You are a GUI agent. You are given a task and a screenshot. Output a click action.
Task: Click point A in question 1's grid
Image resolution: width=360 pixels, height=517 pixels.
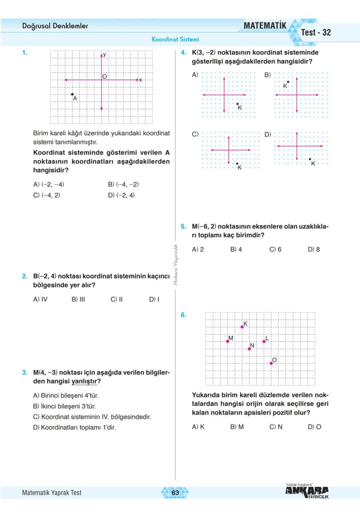72,94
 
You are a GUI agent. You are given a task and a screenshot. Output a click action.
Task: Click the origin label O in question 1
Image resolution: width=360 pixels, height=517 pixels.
104,77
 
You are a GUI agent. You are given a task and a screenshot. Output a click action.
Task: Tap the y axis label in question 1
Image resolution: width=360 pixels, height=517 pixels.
104,55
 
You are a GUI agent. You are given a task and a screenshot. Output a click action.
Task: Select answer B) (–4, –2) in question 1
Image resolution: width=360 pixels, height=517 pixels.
123,185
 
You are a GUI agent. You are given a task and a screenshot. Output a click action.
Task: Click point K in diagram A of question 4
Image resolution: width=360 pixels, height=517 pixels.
237,104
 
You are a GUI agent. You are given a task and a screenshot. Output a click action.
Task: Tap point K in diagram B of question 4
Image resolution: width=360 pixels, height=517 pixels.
288,82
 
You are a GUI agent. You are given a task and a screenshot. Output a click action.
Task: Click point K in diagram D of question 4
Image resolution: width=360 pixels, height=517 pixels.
310,159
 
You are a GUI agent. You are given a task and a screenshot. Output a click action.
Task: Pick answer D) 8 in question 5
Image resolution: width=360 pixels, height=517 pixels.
313,249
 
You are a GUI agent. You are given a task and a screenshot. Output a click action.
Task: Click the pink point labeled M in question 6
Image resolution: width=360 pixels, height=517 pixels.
227,342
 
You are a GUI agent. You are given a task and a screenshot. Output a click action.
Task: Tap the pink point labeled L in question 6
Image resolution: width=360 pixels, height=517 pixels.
264,342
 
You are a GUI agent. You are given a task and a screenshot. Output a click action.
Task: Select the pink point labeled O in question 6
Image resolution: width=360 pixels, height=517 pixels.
271,363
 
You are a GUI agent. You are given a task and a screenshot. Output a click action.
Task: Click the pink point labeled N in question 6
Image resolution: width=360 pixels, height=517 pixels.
249,349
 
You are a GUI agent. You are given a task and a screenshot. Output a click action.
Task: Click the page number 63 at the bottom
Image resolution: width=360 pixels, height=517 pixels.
175,493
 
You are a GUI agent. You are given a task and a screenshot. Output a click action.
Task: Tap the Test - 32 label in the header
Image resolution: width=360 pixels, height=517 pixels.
316,33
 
